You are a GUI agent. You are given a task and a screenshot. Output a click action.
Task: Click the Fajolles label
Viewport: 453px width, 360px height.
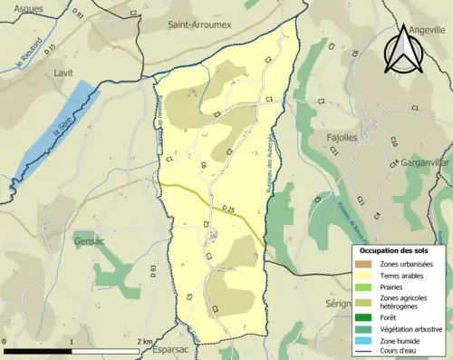click(342, 138)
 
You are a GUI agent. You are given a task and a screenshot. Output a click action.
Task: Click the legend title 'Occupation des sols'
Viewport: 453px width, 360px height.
click(394, 249)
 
